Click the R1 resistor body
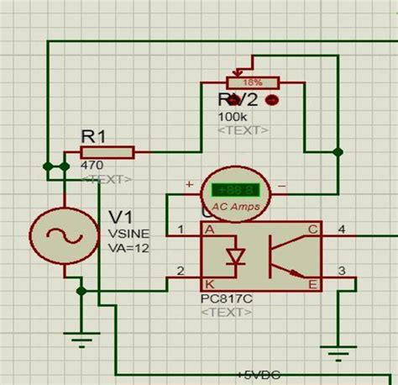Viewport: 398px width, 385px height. [107, 152]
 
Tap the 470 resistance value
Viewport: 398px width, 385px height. [92, 166]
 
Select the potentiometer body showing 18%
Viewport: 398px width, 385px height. [252, 82]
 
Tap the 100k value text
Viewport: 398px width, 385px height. [232, 117]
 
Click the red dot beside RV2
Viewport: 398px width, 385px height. [271, 100]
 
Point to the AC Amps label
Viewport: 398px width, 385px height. [234, 207]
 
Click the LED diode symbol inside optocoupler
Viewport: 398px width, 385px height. [238, 255]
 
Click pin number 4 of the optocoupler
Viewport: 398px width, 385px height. [341, 228]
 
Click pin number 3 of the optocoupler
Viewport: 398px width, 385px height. [341, 271]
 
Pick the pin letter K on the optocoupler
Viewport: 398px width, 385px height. [209, 284]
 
